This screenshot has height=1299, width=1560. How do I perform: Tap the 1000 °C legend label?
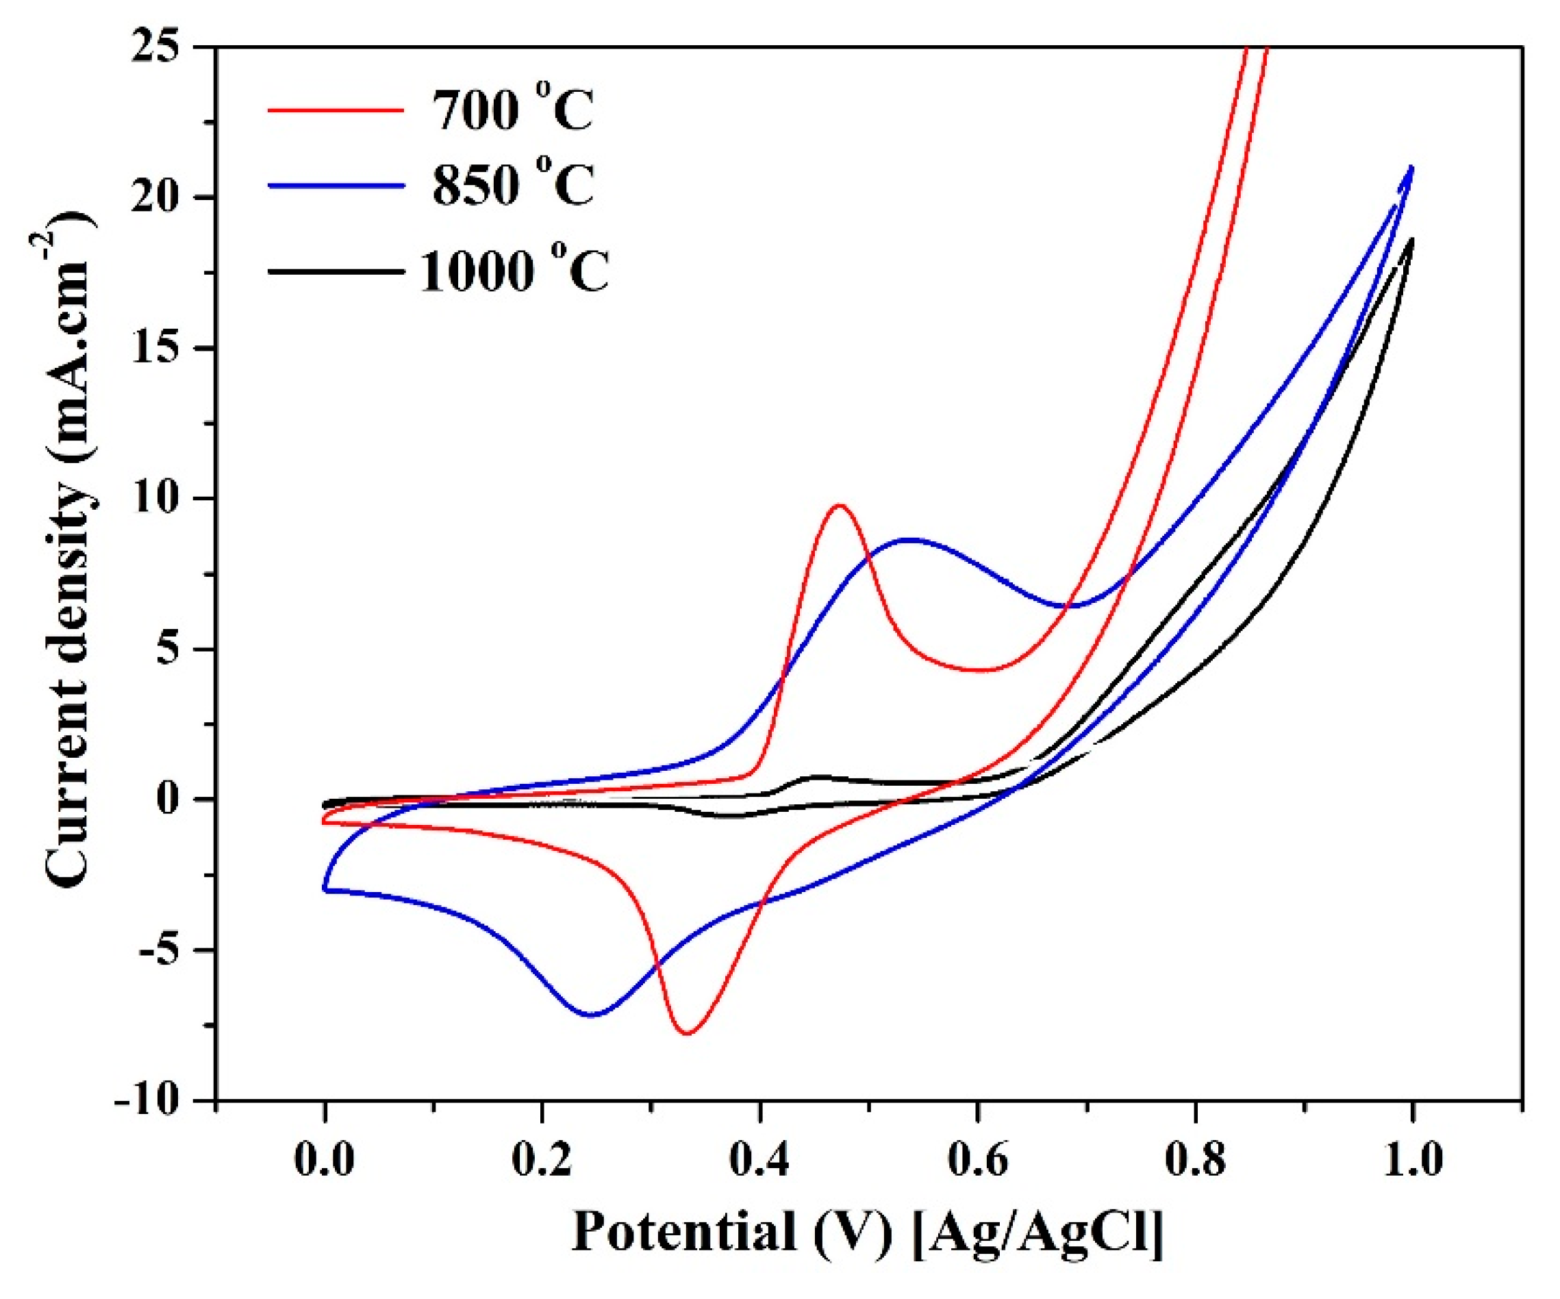(514, 271)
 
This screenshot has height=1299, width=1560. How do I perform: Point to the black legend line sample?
(336, 272)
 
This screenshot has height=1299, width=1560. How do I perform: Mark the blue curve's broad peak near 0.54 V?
(911, 539)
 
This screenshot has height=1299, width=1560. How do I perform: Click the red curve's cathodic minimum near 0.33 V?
(686, 1033)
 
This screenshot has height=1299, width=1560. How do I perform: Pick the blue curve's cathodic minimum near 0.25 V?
(592, 1015)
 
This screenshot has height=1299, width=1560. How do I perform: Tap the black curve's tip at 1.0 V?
(1411, 239)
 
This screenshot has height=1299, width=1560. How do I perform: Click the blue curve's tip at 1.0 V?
(1411, 167)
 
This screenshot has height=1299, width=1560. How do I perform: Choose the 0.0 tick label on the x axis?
(325, 1160)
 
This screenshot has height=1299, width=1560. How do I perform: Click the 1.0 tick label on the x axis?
(1411, 1160)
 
